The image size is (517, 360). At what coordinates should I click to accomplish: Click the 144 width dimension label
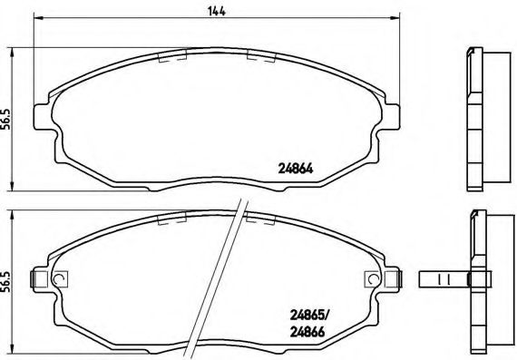coord(217,10)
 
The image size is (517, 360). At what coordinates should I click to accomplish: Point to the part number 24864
coord(295,166)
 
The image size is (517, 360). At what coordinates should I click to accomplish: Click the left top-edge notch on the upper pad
coord(172,54)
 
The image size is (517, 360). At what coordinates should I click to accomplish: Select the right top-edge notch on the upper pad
coord(261,54)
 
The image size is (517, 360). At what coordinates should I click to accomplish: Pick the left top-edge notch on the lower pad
coord(172,220)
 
